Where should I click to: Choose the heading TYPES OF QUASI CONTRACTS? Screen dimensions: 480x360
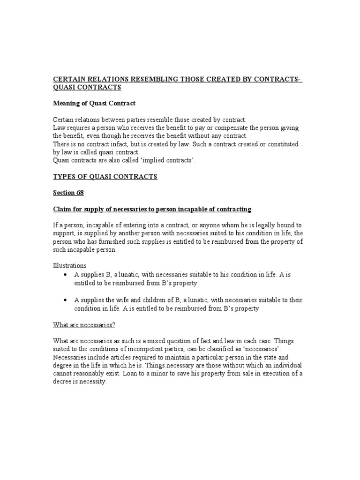105,177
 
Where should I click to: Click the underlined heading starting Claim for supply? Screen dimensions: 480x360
152,209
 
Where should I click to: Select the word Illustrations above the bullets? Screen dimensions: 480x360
69,265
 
